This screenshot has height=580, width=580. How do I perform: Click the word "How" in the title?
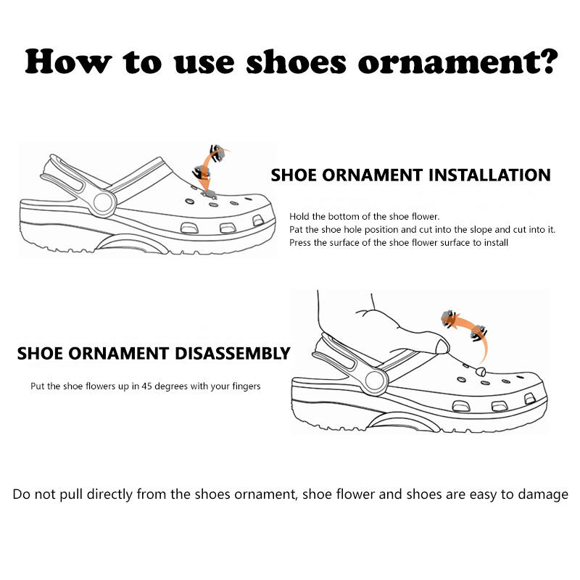click(x=68, y=62)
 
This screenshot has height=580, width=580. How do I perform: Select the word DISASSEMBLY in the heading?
click(x=232, y=354)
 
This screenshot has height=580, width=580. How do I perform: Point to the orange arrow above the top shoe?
click(x=208, y=168)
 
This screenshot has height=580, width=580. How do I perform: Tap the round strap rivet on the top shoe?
click(x=103, y=202)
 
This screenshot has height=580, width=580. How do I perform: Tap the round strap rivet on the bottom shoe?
click(x=375, y=381)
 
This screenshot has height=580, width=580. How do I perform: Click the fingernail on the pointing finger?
click(x=442, y=347)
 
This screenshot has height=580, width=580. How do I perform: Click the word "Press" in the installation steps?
click(x=300, y=243)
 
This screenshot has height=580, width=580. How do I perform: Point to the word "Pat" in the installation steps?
click(x=296, y=229)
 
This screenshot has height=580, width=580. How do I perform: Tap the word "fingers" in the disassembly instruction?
click(x=246, y=387)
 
